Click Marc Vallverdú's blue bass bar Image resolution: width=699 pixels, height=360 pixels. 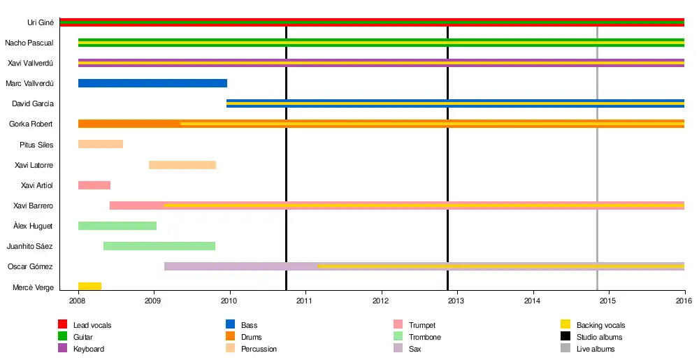[x=152, y=83]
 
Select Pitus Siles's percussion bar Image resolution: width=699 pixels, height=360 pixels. [x=101, y=145]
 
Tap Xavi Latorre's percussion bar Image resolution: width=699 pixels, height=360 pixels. [x=182, y=165]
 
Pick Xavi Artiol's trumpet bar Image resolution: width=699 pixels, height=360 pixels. [x=94, y=185]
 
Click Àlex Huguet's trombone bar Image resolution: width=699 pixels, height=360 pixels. [x=117, y=226]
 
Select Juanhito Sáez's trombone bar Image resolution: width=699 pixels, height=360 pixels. [x=159, y=246]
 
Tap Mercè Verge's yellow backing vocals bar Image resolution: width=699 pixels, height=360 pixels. [x=89, y=287]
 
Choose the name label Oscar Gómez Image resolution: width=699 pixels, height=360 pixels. [x=31, y=267]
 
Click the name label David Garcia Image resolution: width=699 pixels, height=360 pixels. [x=33, y=104]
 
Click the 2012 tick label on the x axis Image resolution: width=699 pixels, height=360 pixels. [x=382, y=301]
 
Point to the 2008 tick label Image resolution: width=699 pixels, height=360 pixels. [x=78, y=301]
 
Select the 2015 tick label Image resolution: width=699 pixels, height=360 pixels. [x=609, y=301]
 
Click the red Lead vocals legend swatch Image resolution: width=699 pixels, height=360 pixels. [x=62, y=324]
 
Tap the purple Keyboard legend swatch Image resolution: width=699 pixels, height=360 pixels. [x=62, y=348]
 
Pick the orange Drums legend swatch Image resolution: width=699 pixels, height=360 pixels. [x=230, y=337]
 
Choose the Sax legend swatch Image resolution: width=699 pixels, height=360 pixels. [x=398, y=348]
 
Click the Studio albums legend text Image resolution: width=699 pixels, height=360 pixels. [x=599, y=337]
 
